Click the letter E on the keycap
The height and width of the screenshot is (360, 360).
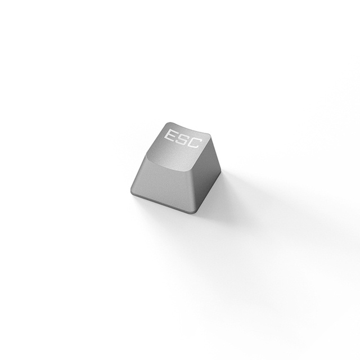pos(169,136)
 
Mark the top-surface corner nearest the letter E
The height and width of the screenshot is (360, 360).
pos(167,123)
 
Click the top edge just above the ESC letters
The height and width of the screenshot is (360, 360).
pos(189,129)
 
